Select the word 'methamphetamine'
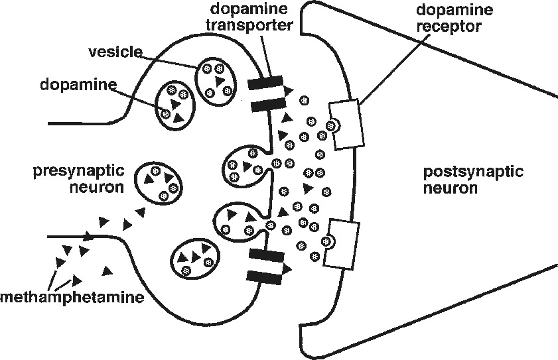[72, 297]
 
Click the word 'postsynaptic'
[474, 173]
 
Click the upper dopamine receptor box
[347, 123]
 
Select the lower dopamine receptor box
[340, 243]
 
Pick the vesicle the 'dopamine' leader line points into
[174, 105]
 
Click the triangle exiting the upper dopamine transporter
[289, 90]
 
